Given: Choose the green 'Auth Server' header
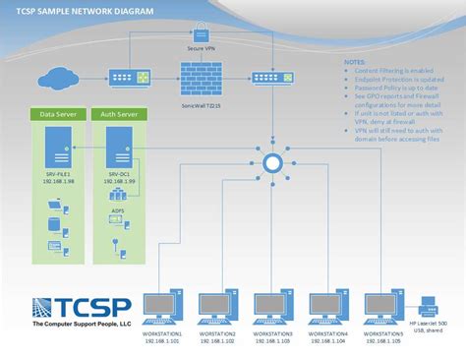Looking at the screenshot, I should coord(117,114).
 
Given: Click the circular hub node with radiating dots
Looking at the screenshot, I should coord(272,161).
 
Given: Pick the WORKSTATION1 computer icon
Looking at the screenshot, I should coord(162,306).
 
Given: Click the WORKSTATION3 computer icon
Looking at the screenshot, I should coord(272,306).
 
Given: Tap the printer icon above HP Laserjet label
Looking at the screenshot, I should coord(429,304).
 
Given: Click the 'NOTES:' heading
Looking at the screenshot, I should coord(353,61).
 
